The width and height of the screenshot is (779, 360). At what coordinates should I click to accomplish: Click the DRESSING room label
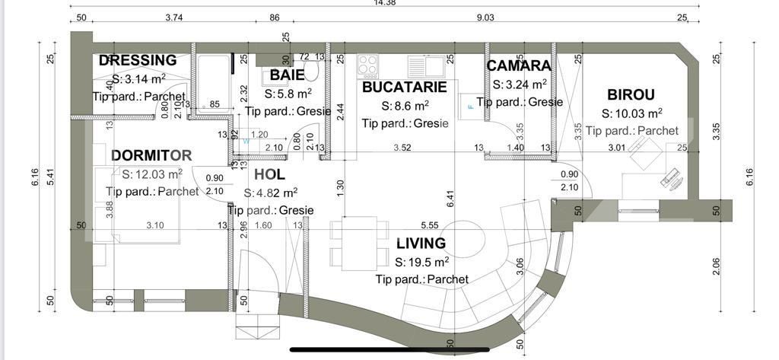point(138,60)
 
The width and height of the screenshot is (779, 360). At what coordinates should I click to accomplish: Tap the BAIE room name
point(288,75)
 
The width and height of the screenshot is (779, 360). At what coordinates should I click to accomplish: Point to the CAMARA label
point(518,65)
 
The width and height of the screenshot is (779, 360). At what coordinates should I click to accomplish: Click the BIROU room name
point(631,94)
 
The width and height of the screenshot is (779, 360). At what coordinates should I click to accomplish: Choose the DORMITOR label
point(151,155)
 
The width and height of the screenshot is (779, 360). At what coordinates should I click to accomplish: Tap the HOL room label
point(269,175)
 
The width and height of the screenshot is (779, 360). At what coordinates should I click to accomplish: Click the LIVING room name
point(421,244)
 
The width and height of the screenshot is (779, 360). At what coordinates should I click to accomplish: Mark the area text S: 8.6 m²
point(405,106)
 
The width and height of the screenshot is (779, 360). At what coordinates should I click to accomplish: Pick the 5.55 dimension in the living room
point(429,225)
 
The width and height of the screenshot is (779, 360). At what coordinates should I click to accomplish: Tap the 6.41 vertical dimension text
point(450,199)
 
